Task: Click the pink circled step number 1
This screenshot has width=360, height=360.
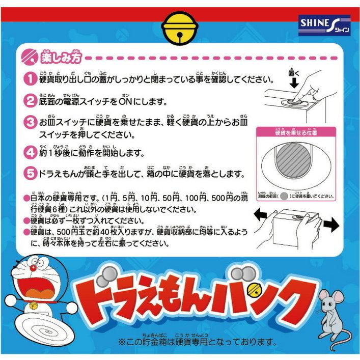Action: coord(31,79)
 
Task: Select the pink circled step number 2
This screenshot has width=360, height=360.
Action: coord(31,101)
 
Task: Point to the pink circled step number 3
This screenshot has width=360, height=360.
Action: coord(31,123)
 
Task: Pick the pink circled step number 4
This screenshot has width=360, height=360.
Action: coord(31,152)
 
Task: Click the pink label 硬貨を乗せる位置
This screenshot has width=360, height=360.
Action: coord(296,132)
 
